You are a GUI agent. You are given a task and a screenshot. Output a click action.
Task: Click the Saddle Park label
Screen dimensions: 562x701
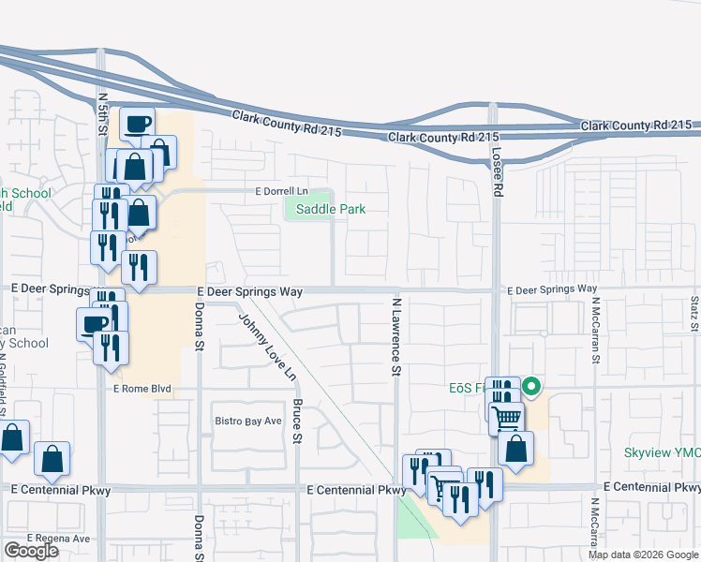330,209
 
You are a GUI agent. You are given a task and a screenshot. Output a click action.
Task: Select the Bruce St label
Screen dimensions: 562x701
297,421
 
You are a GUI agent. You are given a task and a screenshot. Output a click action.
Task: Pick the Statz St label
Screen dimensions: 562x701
694,315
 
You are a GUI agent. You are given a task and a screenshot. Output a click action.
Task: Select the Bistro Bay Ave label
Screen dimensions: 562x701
248,421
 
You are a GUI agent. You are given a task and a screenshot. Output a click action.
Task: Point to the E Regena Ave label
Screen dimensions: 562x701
58,539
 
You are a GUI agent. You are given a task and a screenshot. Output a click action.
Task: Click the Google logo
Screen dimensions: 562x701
31,551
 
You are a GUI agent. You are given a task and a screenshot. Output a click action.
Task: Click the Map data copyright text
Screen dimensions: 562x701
643,555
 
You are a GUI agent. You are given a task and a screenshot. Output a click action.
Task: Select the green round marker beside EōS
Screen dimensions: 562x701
530,386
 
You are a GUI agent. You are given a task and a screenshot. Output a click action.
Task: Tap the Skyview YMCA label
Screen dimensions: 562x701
663,453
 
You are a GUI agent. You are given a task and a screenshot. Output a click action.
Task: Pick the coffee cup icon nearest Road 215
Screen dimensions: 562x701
137,125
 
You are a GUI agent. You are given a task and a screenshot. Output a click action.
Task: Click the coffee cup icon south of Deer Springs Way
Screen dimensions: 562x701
94,325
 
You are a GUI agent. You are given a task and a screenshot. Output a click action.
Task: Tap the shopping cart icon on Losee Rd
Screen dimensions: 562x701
506,417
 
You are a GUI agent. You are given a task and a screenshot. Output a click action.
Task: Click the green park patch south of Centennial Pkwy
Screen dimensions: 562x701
411,518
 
